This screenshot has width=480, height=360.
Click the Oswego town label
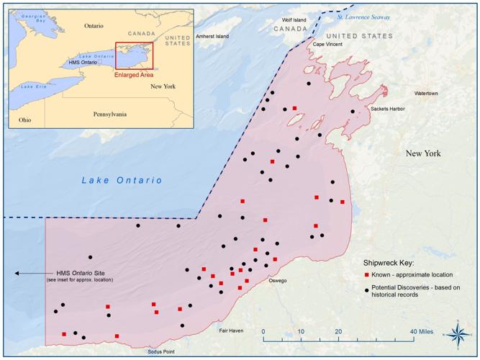[x=278, y=280]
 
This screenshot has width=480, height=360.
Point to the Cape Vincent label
[x=327, y=44]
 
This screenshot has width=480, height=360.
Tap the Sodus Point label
[x=160, y=352]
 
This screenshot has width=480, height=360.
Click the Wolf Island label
[x=294, y=20]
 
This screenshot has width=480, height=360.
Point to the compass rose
[x=458, y=332]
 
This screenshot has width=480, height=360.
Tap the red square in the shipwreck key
[x=366, y=275]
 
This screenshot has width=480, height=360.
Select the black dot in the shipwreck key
[x=366, y=290]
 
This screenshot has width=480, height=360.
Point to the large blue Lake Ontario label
[x=122, y=180]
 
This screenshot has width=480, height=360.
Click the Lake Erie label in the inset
[x=33, y=86]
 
